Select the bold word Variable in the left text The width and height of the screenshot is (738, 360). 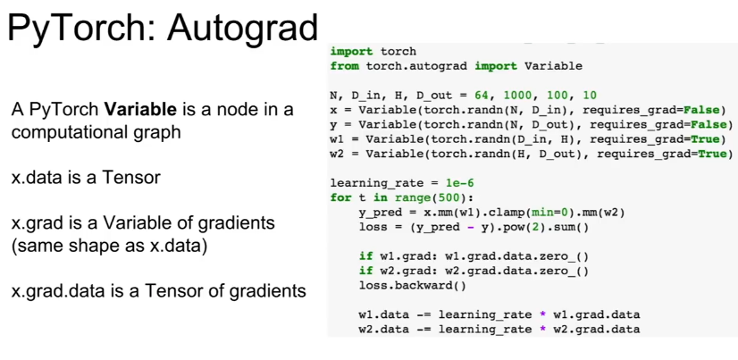(140, 110)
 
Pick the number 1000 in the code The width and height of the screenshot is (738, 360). (518, 96)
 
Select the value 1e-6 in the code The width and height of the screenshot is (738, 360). (459, 183)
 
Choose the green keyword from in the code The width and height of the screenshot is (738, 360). (345, 66)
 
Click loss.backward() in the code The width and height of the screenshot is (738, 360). (412, 286)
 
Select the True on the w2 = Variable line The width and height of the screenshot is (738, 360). (711, 154)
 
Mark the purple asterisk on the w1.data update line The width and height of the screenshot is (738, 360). (543, 314)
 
